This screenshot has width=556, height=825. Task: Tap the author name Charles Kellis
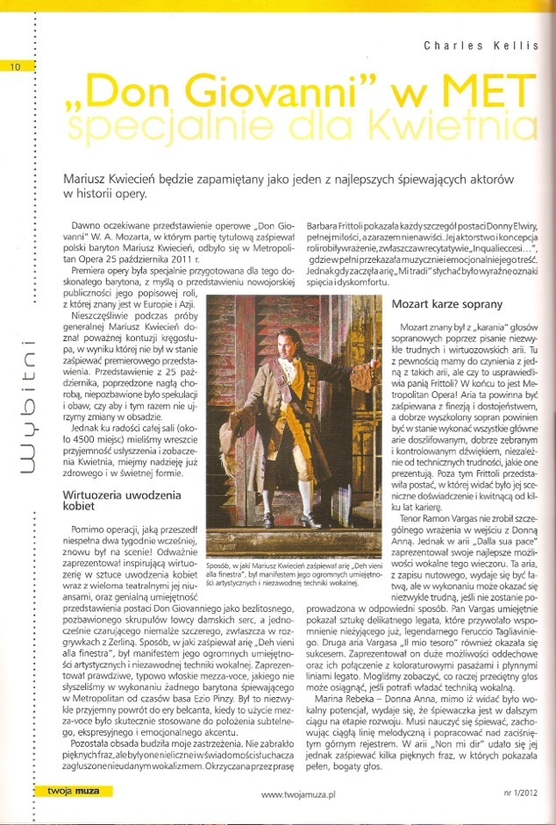click(x=481, y=46)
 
